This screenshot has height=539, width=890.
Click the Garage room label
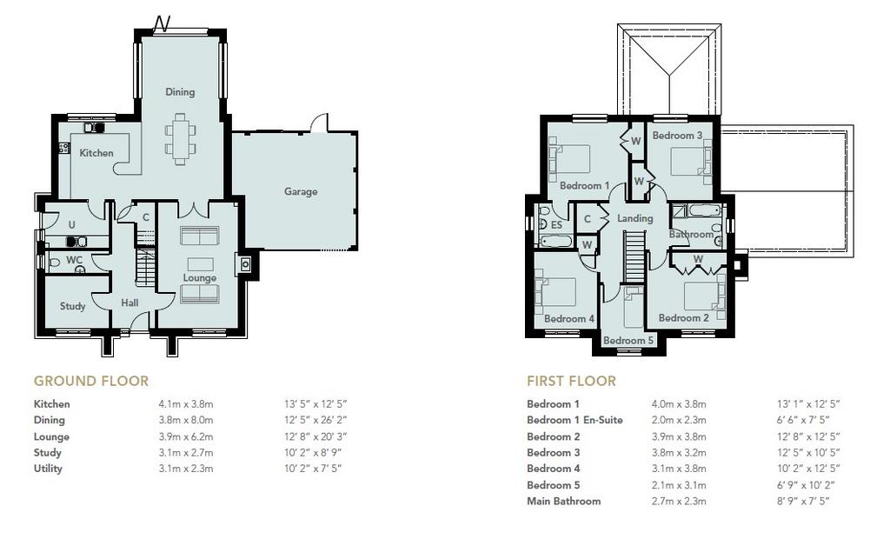click(x=300, y=191)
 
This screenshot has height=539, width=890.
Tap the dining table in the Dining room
click(x=181, y=139)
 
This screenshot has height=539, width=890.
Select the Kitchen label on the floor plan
click(x=96, y=153)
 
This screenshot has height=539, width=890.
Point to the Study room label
click(x=73, y=306)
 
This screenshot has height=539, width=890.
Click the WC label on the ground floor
click(x=75, y=260)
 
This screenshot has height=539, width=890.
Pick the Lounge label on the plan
click(x=200, y=277)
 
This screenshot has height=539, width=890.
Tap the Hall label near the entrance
click(x=130, y=303)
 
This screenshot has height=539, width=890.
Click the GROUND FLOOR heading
click(x=90, y=381)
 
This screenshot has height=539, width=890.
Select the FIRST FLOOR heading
click(x=571, y=381)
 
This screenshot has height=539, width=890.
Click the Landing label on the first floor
click(x=634, y=218)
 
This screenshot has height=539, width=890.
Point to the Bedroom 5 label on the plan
click(x=628, y=340)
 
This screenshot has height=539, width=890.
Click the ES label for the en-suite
click(x=556, y=225)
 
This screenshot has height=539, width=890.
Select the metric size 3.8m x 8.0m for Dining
click(x=186, y=420)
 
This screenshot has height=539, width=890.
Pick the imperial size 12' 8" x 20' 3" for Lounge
click(x=315, y=436)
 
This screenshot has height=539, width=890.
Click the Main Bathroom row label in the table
click(x=563, y=501)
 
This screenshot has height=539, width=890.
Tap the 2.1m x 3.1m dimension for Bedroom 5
click(x=679, y=485)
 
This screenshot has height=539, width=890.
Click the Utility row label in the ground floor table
click(x=48, y=469)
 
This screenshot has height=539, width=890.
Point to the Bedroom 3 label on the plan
click(x=677, y=135)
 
